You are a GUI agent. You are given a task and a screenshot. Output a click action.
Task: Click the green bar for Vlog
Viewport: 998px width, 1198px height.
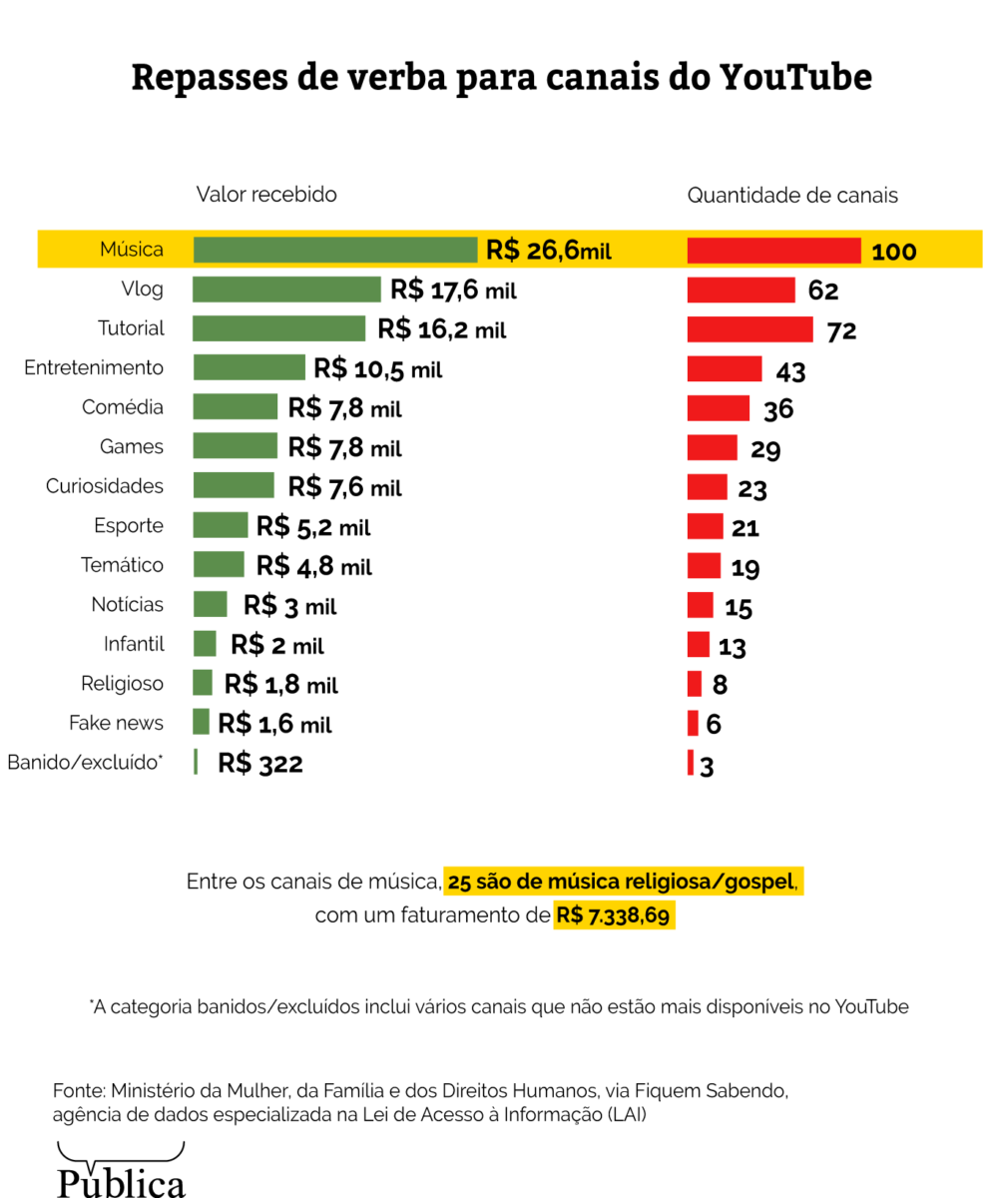(x=286, y=290)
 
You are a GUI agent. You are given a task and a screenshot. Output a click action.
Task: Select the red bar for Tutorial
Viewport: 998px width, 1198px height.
(x=750, y=328)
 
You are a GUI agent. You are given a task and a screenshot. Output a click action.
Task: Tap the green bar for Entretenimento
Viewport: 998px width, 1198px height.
(x=249, y=367)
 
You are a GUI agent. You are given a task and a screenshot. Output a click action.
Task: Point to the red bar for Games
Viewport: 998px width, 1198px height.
(x=712, y=447)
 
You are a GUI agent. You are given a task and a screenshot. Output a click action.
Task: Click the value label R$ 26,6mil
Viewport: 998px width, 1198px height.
(x=548, y=250)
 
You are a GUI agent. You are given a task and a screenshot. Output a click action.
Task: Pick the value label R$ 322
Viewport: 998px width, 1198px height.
(x=259, y=764)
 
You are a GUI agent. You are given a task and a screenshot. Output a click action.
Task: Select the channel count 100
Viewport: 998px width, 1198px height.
(x=893, y=252)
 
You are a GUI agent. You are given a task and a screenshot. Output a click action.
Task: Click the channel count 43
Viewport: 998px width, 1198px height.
(x=790, y=371)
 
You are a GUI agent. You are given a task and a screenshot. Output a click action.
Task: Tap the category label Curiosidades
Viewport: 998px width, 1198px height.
(x=104, y=486)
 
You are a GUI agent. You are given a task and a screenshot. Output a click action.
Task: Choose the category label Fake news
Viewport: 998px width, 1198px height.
(x=116, y=723)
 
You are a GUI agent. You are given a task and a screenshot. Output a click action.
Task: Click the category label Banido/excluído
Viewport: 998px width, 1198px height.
(x=84, y=763)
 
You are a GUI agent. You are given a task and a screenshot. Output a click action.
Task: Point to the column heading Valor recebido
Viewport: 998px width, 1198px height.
(x=265, y=195)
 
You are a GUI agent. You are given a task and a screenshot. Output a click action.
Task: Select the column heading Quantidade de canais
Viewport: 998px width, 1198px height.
(x=791, y=196)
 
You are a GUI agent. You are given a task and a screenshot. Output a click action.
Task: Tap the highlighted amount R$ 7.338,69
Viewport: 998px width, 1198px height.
(x=614, y=914)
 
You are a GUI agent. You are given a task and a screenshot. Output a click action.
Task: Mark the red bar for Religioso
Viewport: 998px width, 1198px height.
(x=695, y=684)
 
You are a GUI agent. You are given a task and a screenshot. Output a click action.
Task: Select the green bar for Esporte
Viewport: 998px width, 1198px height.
(x=220, y=525)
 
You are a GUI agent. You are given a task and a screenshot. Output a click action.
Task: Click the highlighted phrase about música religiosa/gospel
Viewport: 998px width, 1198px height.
(x=623, y=883)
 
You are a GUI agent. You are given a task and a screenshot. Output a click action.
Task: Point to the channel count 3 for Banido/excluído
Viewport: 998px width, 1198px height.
(x=707, y=767)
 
